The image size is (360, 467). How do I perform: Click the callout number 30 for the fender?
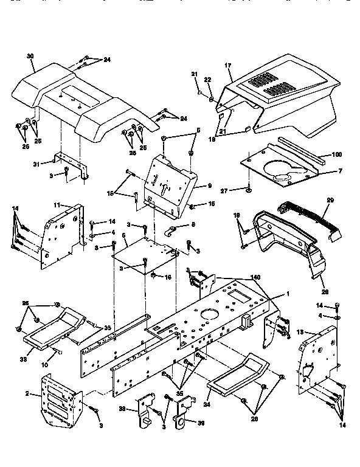[30, 56]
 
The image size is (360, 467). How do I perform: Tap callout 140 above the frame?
[255, 277]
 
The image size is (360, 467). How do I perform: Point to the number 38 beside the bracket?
[122, 409]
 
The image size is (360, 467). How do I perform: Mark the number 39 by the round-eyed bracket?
[194, 423]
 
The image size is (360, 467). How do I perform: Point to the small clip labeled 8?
[172, 232]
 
